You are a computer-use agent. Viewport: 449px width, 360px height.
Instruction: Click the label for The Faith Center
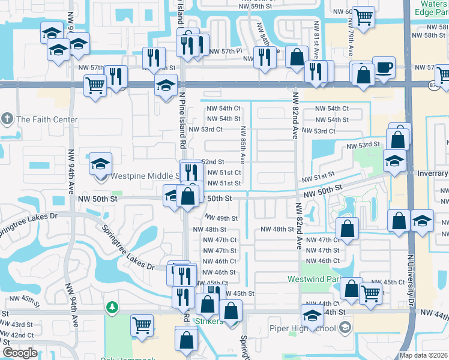click(x=47, y=119)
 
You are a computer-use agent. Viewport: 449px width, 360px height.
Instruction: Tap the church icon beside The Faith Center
click(x=7, y=119)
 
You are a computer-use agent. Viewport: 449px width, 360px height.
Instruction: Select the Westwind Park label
click(x=325, y=279)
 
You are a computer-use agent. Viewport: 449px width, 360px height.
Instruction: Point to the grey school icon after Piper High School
click(x=345, y=328)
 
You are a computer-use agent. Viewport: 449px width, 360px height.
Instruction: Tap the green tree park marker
click(x=112, y=308)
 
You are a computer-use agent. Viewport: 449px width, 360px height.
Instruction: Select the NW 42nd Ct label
click(x=17, y=335)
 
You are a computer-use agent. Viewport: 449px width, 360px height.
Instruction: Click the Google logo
click(x=20, y=352)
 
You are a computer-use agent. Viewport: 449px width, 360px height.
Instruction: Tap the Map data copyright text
click(x=423, y=355)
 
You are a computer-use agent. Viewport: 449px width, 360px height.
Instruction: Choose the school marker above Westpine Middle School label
click(x=100, y=163)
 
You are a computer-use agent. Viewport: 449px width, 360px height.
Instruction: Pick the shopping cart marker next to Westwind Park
click(x=371, y=294)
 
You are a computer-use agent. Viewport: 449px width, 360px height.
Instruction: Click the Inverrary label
click(x=429, y=173)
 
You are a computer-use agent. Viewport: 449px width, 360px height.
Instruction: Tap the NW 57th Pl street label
click(x=223, y=51)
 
